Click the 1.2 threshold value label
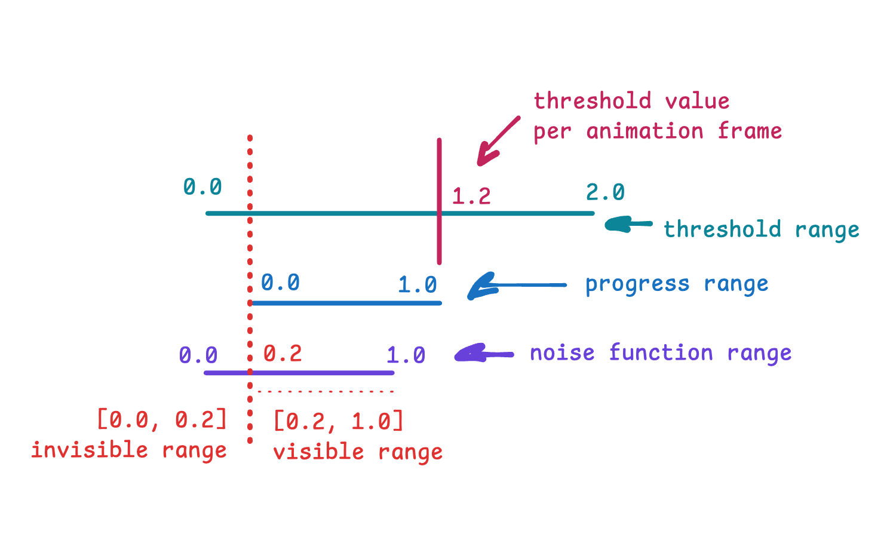(472, 197)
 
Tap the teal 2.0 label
(605, 192)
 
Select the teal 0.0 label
(202, 187)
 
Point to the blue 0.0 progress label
(280, 283)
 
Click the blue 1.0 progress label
(418, 285)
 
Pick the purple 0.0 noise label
(198, 355)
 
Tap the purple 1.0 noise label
(406, 355)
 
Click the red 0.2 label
(283, 353)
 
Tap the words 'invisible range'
(129, 450)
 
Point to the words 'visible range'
(358, 452)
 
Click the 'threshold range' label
(762, 229)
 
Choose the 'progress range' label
(677, 284)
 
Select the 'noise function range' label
(661, 353)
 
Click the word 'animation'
(645, 131)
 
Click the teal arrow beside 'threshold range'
(628, 225)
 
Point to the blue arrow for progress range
(517, 286)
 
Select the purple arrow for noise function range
(484, 352)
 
